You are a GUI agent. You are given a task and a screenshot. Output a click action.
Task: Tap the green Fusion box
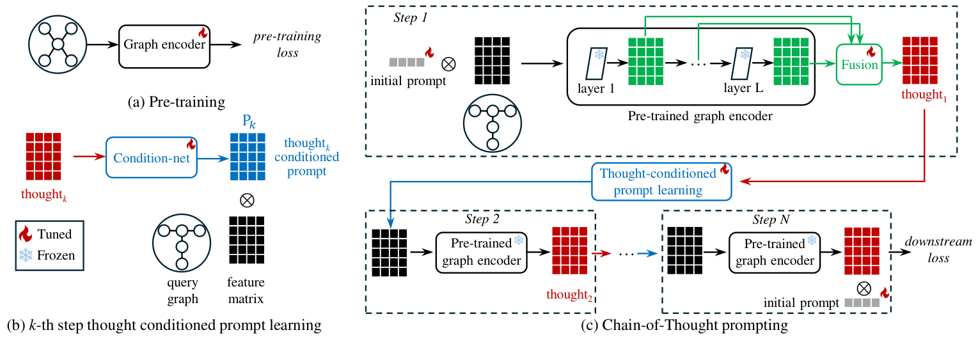[859, 65]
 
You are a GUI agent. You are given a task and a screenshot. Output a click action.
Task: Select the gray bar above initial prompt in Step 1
[407, 63]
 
